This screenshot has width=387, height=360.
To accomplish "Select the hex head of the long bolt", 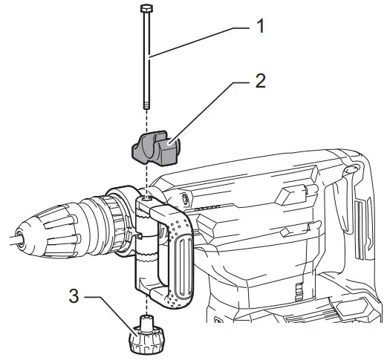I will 146,9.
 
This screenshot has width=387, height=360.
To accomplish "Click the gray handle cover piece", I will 155,148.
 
